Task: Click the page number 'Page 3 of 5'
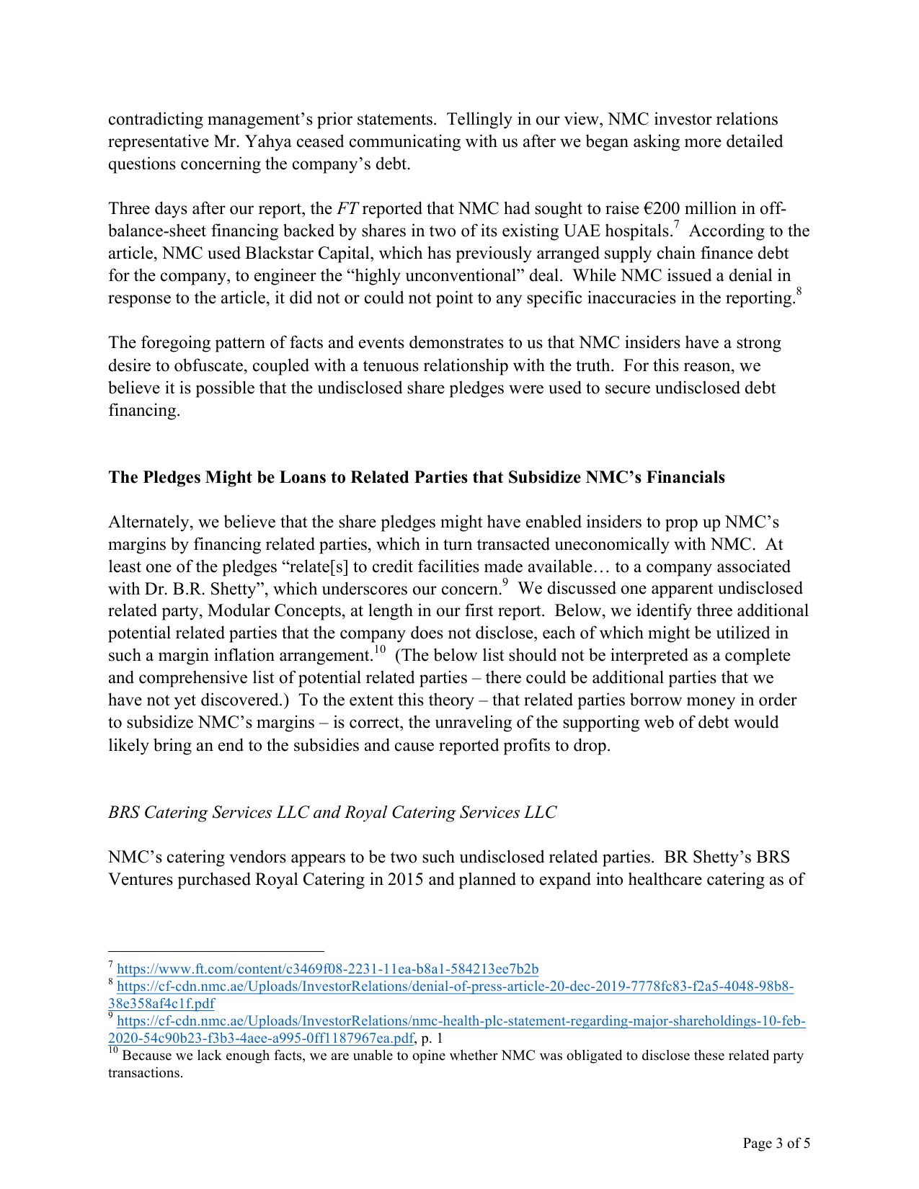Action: (776, 1143)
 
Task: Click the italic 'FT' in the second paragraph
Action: (347, 209)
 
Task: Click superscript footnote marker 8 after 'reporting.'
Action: (799, 292)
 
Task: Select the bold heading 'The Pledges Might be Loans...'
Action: (416, 478)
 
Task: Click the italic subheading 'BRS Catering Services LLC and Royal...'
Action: (332, 813)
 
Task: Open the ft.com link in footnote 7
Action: (327, 969)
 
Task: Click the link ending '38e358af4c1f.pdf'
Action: (161, 1004)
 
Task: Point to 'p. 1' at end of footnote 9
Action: (432, 1038)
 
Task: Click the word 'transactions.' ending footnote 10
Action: (145, 1073)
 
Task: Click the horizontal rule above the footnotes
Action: (216, 951)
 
